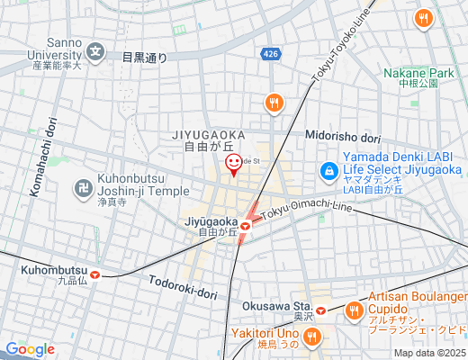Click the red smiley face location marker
(x=233, y=164)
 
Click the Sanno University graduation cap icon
(x=97, y=51)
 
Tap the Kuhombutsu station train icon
(x=94, y=276)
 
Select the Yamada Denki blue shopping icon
(x=329, y=170)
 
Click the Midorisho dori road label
(x=343, y=138)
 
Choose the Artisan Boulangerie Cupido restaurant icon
(x=354, y=311)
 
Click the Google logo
(x=30, y=349)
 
